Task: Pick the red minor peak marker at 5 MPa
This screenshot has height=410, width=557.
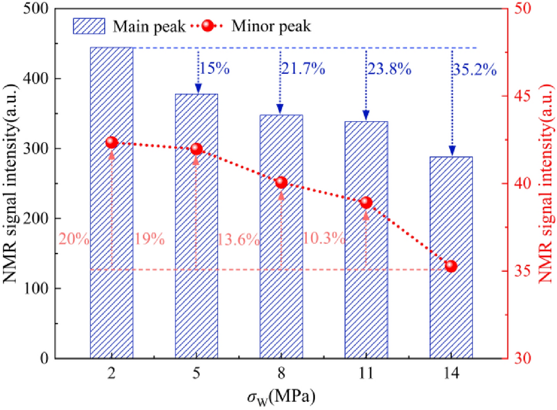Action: [196, 149]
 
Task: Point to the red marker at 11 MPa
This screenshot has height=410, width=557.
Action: [366, 203]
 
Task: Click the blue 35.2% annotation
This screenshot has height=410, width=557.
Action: [474, 69]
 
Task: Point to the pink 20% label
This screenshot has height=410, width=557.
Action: [74, 239]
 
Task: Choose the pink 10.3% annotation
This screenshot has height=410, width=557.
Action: [323, 239]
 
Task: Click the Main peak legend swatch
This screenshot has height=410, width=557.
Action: [89, 26]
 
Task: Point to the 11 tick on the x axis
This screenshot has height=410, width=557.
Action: [366, 374]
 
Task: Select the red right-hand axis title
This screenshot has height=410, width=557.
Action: [548, 183]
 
